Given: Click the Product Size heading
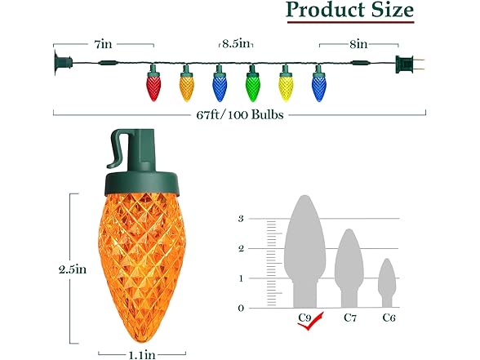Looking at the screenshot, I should coord(349,11).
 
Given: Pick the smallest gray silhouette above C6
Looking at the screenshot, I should coord(386,283).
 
